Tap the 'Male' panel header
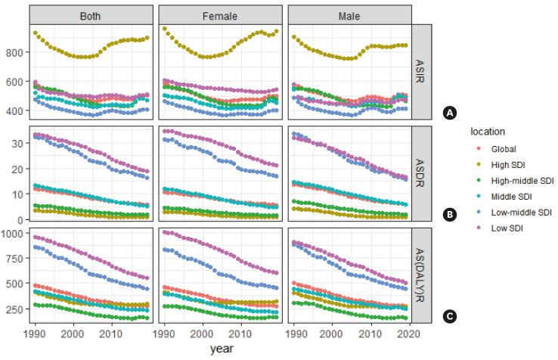pos(349,15)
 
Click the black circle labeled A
pos(450,113)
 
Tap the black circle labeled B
pos(450,215)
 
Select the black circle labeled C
pos(450,316)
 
